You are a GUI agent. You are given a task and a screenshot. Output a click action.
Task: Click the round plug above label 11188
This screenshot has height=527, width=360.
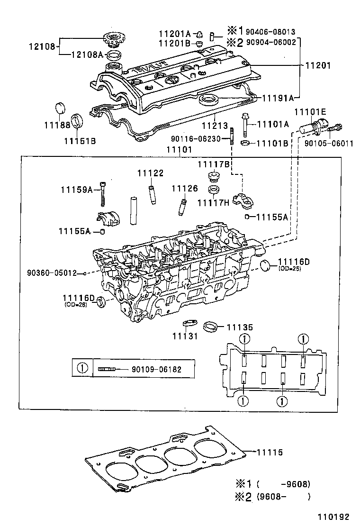pyautogui.click(x=60, y=108)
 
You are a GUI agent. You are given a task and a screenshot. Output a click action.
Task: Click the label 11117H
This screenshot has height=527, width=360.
pyautogui.click(x=213, y=203)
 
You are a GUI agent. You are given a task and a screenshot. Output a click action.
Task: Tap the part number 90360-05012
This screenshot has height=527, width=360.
pyautogui.click(x=52, y=273)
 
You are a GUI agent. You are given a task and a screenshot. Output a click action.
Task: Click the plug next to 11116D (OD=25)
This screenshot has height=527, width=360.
pyautogui.click(x=267, y=265)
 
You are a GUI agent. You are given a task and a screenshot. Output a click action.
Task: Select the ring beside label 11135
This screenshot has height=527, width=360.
pyautogui.click(x=210, y=327)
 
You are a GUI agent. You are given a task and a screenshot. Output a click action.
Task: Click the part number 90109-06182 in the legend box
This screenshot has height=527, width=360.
pyautogui.click(x=156, y=369)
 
